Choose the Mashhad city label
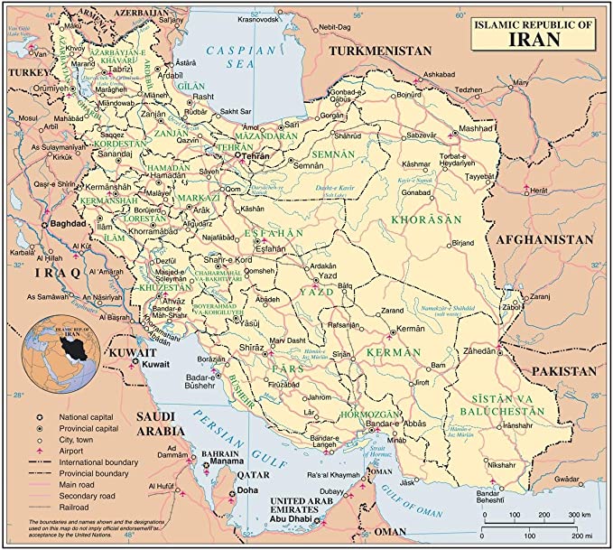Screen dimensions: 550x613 point(474,129)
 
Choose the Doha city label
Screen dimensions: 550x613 point(246,492)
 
